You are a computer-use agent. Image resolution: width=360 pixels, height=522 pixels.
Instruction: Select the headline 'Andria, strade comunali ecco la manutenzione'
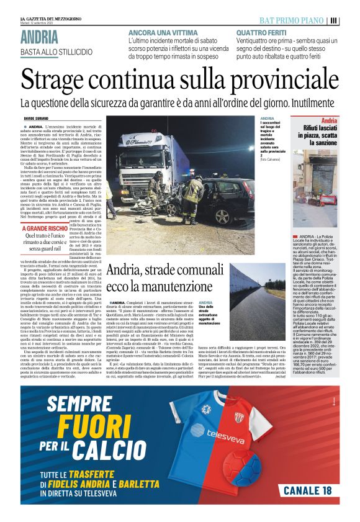click(166, 279)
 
